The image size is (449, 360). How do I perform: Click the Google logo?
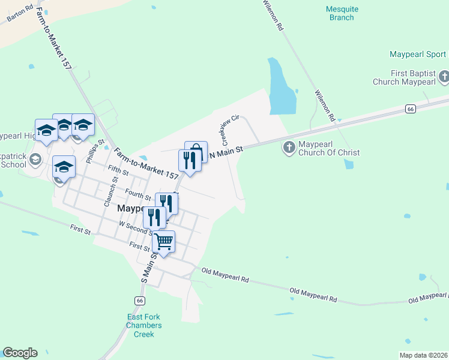pos(20,353)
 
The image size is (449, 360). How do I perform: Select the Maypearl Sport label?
pos(418,54)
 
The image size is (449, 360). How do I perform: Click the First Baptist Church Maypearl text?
pos(404,77)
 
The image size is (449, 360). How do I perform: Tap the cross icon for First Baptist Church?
pos(444,76)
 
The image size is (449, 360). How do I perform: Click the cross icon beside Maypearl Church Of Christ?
pos(289,147)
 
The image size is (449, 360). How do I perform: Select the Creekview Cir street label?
pos(231,130)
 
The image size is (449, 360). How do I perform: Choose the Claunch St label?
pos(108,191)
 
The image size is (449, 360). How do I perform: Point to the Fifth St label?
pos(118,172)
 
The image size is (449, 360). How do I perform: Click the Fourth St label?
pos(138,194)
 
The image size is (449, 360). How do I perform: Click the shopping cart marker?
pos(164,242)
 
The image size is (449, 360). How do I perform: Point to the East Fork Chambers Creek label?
pos(143,326)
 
